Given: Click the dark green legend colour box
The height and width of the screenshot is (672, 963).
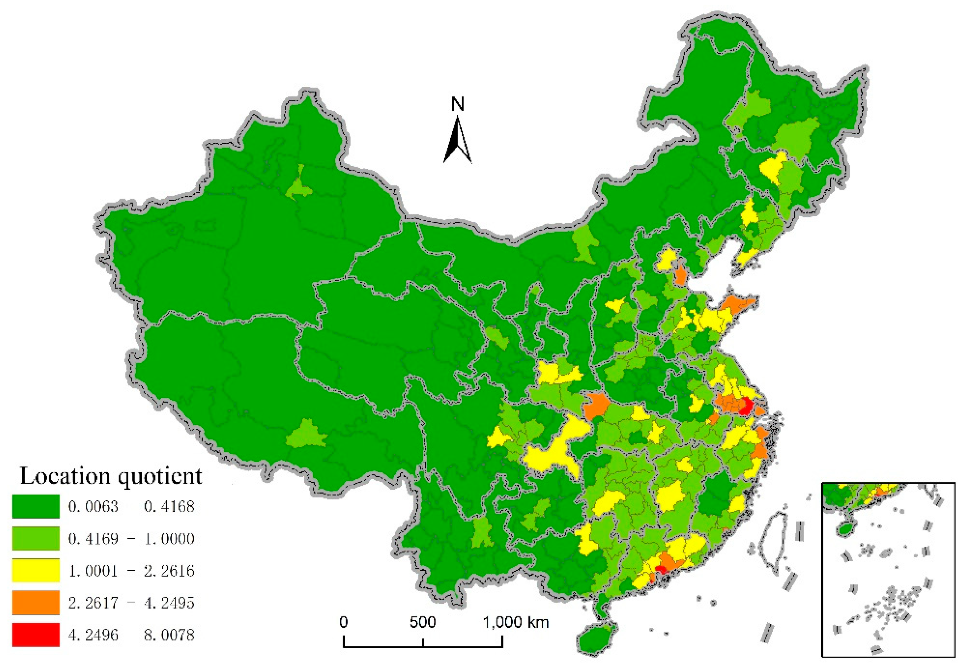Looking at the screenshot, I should (36, 506).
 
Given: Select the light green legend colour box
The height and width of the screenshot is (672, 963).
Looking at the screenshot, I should (36, 538).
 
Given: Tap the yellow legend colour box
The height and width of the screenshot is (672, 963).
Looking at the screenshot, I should (36, 570).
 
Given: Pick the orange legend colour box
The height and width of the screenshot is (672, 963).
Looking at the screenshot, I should (36, 602).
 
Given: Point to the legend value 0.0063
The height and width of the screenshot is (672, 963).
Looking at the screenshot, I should (93, 506).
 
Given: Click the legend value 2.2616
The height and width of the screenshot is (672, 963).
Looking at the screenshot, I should (169, 570).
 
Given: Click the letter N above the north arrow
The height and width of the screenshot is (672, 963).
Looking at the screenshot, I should (458, 104).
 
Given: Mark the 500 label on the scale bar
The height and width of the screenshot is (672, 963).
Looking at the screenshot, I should (422, 622).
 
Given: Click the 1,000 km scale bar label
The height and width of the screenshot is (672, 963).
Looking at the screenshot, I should (516, 622).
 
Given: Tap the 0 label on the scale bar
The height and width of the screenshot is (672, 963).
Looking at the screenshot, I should (344, 622).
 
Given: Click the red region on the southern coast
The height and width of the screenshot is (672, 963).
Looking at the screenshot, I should (661, 569).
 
